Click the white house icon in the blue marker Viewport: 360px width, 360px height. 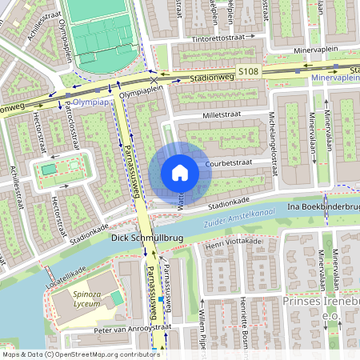pos(180,173)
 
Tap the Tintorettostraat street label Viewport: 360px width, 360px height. pos(220,38)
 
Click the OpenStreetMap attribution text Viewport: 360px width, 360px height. pos(81,354)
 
